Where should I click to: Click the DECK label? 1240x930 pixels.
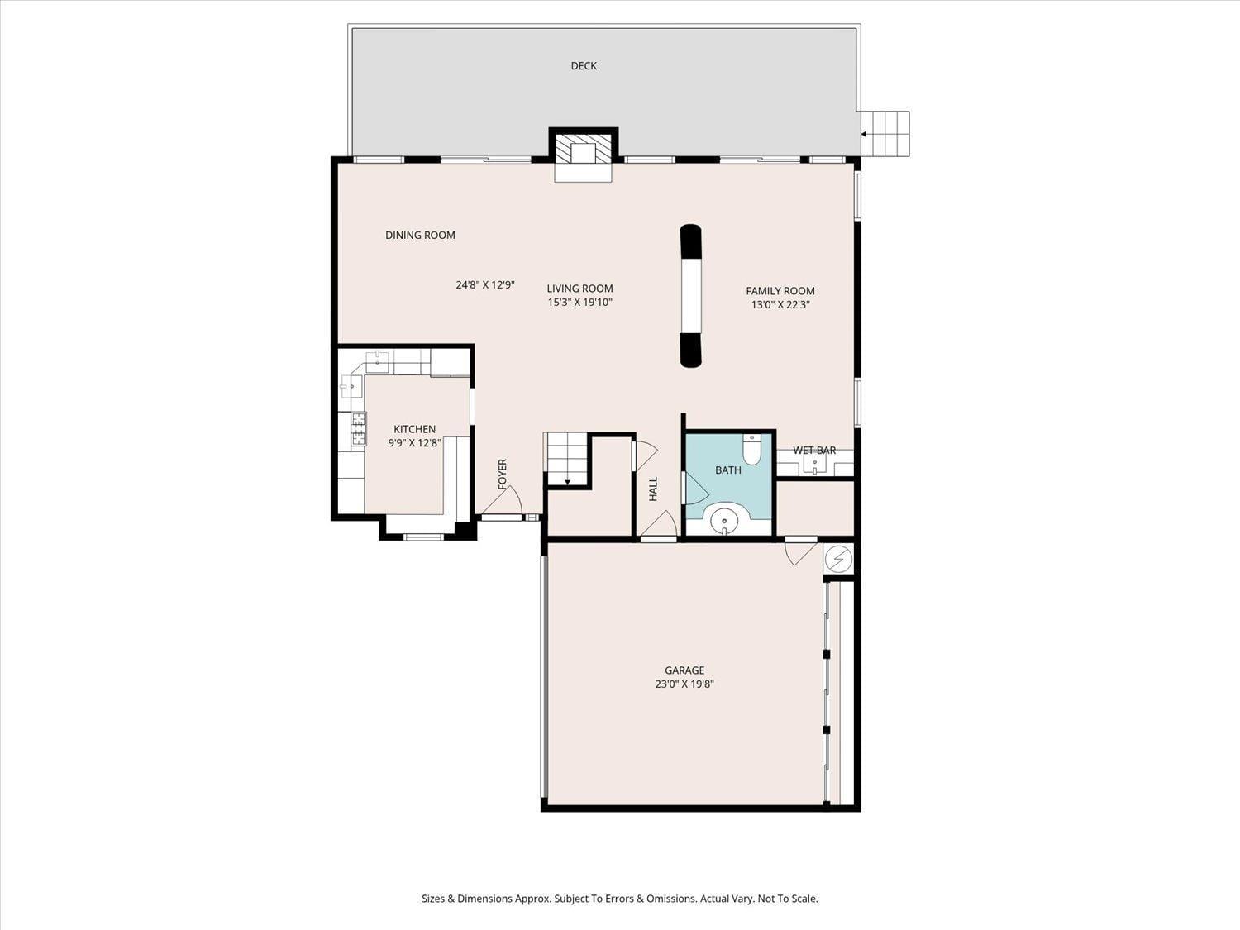pos(584,66)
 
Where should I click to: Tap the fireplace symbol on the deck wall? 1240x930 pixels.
pos(584,152)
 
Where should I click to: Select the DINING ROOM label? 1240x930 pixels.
pos(420,236)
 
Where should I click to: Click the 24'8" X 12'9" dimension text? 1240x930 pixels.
pos(485,285)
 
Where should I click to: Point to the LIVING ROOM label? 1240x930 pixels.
pos(579,289)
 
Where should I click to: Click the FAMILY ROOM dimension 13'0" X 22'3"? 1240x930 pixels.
pos(780,304)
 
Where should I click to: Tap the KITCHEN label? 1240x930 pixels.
pos(414,429)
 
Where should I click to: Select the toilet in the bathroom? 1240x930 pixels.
pos(751,450)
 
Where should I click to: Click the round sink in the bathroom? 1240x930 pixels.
pos(725,520)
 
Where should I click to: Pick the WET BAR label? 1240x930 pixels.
pos(814,451)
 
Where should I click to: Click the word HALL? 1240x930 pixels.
pos(653,489)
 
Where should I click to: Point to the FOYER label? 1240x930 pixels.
pos(502,474)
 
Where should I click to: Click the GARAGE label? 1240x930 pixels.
pos(684,670)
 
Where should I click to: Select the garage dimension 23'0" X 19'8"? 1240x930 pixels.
pos(684,684)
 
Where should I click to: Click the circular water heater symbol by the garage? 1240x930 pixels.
pos(840,559)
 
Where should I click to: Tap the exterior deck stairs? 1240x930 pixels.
pos(885,134)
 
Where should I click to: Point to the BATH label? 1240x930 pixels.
pos(727,470)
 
